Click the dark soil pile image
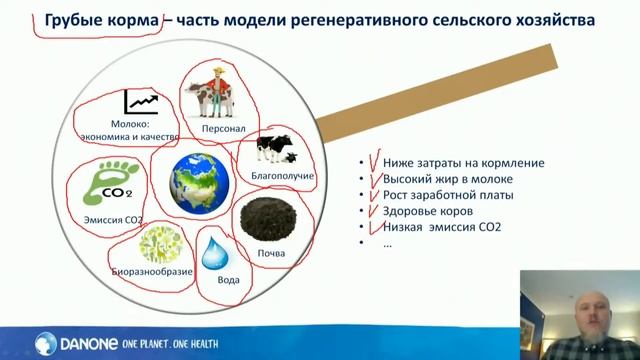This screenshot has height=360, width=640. tap(270, 221)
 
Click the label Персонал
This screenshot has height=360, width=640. tap(223, 129)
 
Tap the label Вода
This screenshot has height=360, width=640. tap(228, 280)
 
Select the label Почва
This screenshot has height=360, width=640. tap(271, 253)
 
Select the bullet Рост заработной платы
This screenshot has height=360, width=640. tap(447, 195)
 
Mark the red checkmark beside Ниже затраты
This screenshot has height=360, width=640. tap(374, 161)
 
